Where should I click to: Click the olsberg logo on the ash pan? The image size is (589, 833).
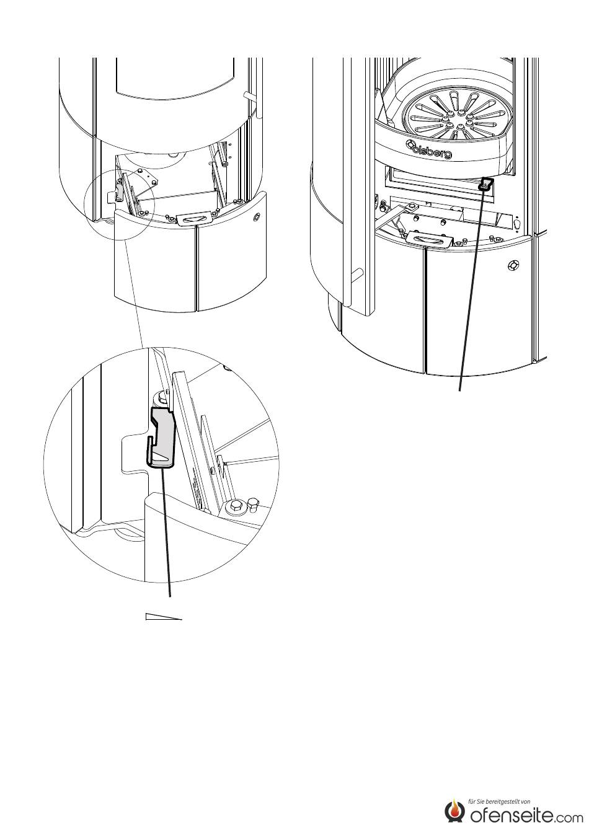[x=428, y=148]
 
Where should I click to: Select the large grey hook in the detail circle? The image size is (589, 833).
[x=162, y=437]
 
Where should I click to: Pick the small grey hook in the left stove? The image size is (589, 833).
[x=120, y=193]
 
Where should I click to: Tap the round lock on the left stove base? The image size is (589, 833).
[x=257, y=217]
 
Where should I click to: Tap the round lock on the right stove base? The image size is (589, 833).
[x=513, y=265]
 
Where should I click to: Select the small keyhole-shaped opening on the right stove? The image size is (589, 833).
[x=516, y=224]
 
